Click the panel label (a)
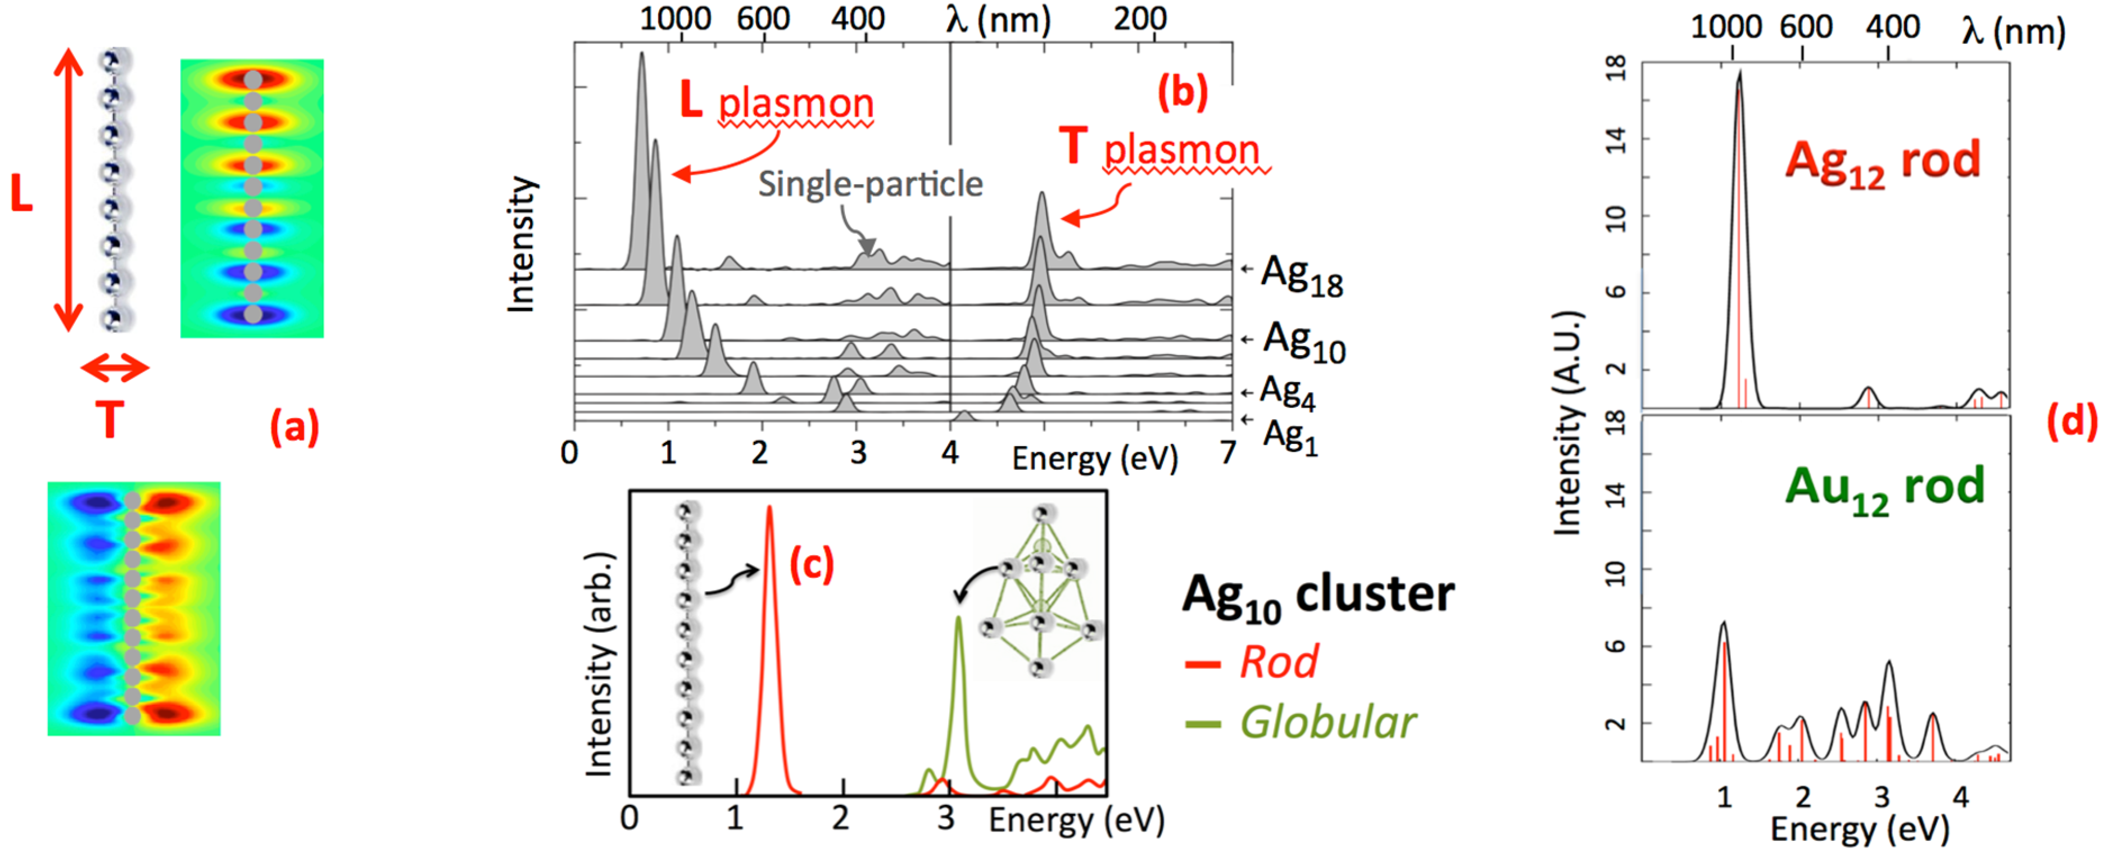click(294, 427)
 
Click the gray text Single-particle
click(871, 184)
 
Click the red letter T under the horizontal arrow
click(110, 421)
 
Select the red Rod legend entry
click(1277, 661)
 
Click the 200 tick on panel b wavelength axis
click(1140, 18)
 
